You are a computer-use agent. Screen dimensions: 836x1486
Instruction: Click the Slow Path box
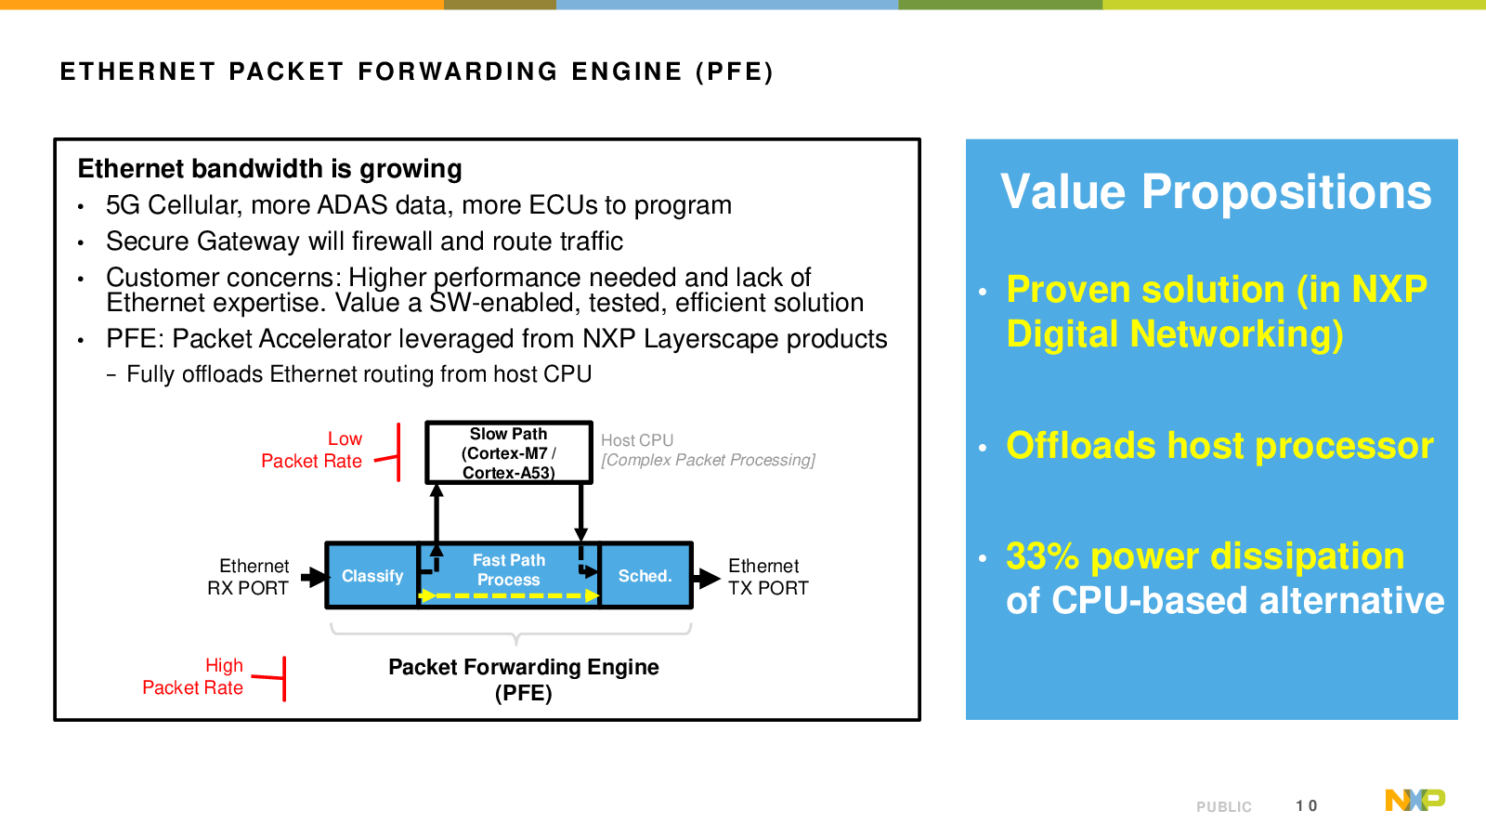pos(508,452)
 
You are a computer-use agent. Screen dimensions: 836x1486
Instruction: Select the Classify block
pos(371,576)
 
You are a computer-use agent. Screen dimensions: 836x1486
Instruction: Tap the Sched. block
pos(645,576)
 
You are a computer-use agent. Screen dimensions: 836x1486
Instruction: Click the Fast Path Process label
pos(508,569)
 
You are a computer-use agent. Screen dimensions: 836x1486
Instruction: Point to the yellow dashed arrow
pos(509,595)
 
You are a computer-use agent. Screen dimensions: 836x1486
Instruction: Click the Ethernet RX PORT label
pos(249,577)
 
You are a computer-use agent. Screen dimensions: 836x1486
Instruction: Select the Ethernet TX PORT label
pos(767,577)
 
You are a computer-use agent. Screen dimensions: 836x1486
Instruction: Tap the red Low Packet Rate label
pos(313,450)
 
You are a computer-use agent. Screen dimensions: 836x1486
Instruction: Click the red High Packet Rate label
pos(193,676)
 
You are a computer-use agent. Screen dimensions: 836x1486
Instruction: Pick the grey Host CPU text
pos(637,440)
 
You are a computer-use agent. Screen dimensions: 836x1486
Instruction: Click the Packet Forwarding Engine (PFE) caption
pos(524,679)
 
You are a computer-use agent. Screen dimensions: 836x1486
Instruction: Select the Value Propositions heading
pos(1215,192)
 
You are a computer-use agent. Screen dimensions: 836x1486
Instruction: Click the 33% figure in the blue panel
pos(1042,556)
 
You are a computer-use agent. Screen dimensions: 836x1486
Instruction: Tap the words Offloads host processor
pos(1219,446)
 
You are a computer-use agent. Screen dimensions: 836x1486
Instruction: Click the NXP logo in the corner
pos(1414,800)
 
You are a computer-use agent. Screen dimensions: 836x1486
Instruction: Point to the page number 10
pos(1306,806)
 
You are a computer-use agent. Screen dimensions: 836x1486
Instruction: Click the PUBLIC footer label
pos(1223,807)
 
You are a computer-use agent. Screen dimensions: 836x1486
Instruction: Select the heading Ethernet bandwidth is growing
pos(269,169)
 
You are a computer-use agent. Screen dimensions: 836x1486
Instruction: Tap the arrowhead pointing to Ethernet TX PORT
pos(709,578)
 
